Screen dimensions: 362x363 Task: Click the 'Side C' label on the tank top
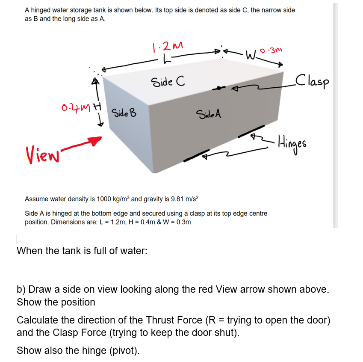167,82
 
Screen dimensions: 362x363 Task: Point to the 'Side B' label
124,114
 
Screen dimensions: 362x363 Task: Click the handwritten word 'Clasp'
312,80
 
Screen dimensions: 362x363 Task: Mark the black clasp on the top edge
220,89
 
